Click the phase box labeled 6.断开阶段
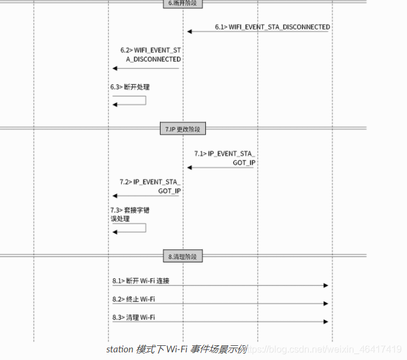click(x=182, y=3)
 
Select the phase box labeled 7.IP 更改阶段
click(x=182, y=129)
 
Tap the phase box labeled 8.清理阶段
click(x=182, y=256)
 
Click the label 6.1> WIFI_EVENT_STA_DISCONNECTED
click(x=272, y=27)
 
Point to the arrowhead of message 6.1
click(x=189, y=31)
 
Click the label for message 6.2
click(x=151, y=55)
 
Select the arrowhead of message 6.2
click(x=115, y=68)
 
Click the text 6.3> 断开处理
click(x=130, y=87)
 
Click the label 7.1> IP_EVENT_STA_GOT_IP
click(x=225, y=158)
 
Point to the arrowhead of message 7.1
click(x=189, y=168)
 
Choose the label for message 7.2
click(x=150, y=186)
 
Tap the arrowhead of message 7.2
click(x=115, y=196)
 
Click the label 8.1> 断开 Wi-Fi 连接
click(x=141, y=281)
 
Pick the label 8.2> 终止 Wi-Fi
click(x=134, y=299)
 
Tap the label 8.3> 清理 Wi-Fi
click(x=134, y=318)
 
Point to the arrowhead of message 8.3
click(x=325, y=322)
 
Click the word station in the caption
click(x=120, y=349)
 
